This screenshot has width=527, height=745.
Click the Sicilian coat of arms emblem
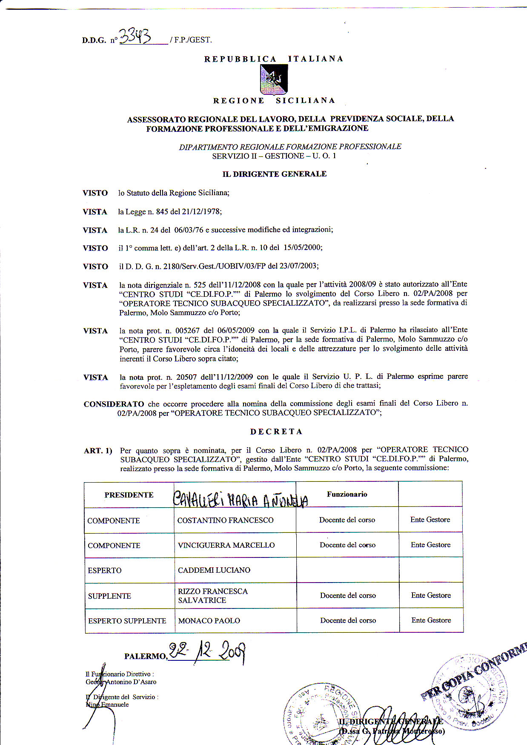point(274,80)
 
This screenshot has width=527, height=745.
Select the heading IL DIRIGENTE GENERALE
point(274,174)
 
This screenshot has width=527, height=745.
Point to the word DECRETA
point(276,432)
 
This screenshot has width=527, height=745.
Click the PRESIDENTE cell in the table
point(129,495)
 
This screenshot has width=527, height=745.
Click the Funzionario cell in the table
point(347,494)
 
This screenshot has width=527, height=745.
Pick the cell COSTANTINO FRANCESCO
point(225,520)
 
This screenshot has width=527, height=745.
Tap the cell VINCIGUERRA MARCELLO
point(226,545)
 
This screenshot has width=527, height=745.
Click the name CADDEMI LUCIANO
point(214,570)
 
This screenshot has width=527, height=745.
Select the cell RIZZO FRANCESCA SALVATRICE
point(212,596)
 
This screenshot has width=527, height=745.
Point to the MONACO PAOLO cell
point(209,621)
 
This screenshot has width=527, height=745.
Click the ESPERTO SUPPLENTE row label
point(127,621)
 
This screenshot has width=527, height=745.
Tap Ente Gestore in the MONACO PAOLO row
point(431,620)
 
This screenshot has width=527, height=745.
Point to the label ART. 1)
point(98,451)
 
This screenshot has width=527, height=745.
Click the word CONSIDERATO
point(114,404)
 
